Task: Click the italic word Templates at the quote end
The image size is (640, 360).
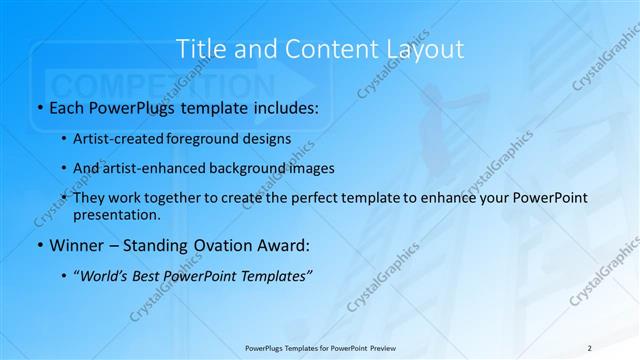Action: (275, 277)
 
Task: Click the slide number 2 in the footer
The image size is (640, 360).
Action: (589, 347)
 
